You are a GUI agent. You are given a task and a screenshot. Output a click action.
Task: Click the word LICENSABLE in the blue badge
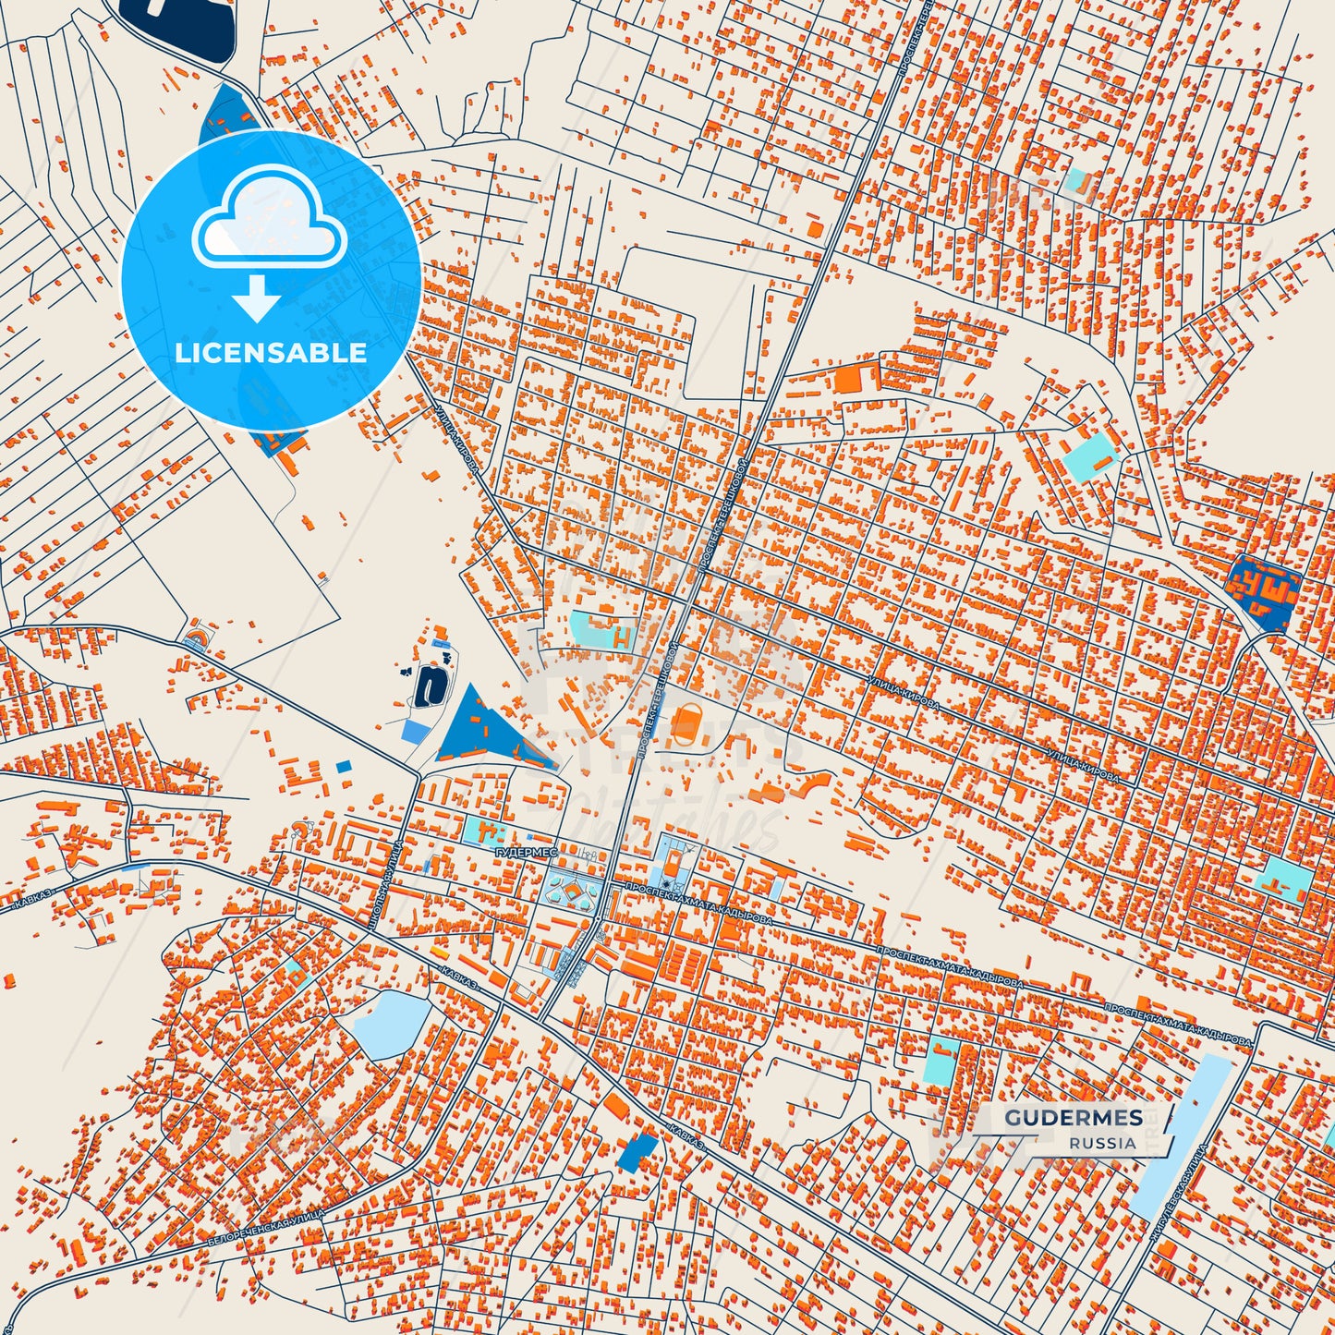pos(271,352)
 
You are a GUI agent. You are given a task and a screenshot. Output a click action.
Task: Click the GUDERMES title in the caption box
pos(1074,1118)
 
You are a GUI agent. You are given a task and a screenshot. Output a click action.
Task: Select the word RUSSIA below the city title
pos(1103,1143)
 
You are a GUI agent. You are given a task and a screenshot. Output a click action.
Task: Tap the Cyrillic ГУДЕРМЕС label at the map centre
pos(527,853)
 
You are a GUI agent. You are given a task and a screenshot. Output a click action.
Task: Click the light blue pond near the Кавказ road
pos(392,1024)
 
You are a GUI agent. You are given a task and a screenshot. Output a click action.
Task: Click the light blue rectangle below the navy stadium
pos(414,731)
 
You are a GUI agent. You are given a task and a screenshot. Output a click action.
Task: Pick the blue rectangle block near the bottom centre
pos(639,1151)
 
